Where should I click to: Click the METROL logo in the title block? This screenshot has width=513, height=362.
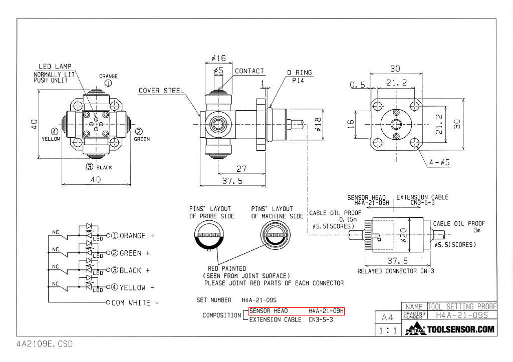[415, 328]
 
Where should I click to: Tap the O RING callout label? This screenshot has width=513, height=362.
[300, 73]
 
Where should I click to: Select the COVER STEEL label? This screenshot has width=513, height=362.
[161, 91]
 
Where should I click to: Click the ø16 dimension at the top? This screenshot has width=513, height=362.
[218, 58]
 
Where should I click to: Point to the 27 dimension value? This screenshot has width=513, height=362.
[241, 169]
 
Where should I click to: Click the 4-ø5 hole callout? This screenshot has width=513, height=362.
[439, 162]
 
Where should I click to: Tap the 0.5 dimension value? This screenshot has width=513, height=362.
[357, 85]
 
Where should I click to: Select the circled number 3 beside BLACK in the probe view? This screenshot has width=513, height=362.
[89, 167]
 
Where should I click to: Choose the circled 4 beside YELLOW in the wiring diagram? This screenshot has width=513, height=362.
[114, 287]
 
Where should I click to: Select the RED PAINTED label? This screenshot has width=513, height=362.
[227, 268]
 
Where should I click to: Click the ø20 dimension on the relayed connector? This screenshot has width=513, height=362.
[404, 235]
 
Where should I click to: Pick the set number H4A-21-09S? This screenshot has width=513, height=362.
[259, 300]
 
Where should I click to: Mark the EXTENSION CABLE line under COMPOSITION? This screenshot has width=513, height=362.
[291, 319]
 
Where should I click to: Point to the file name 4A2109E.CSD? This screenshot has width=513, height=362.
[45, 344]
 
